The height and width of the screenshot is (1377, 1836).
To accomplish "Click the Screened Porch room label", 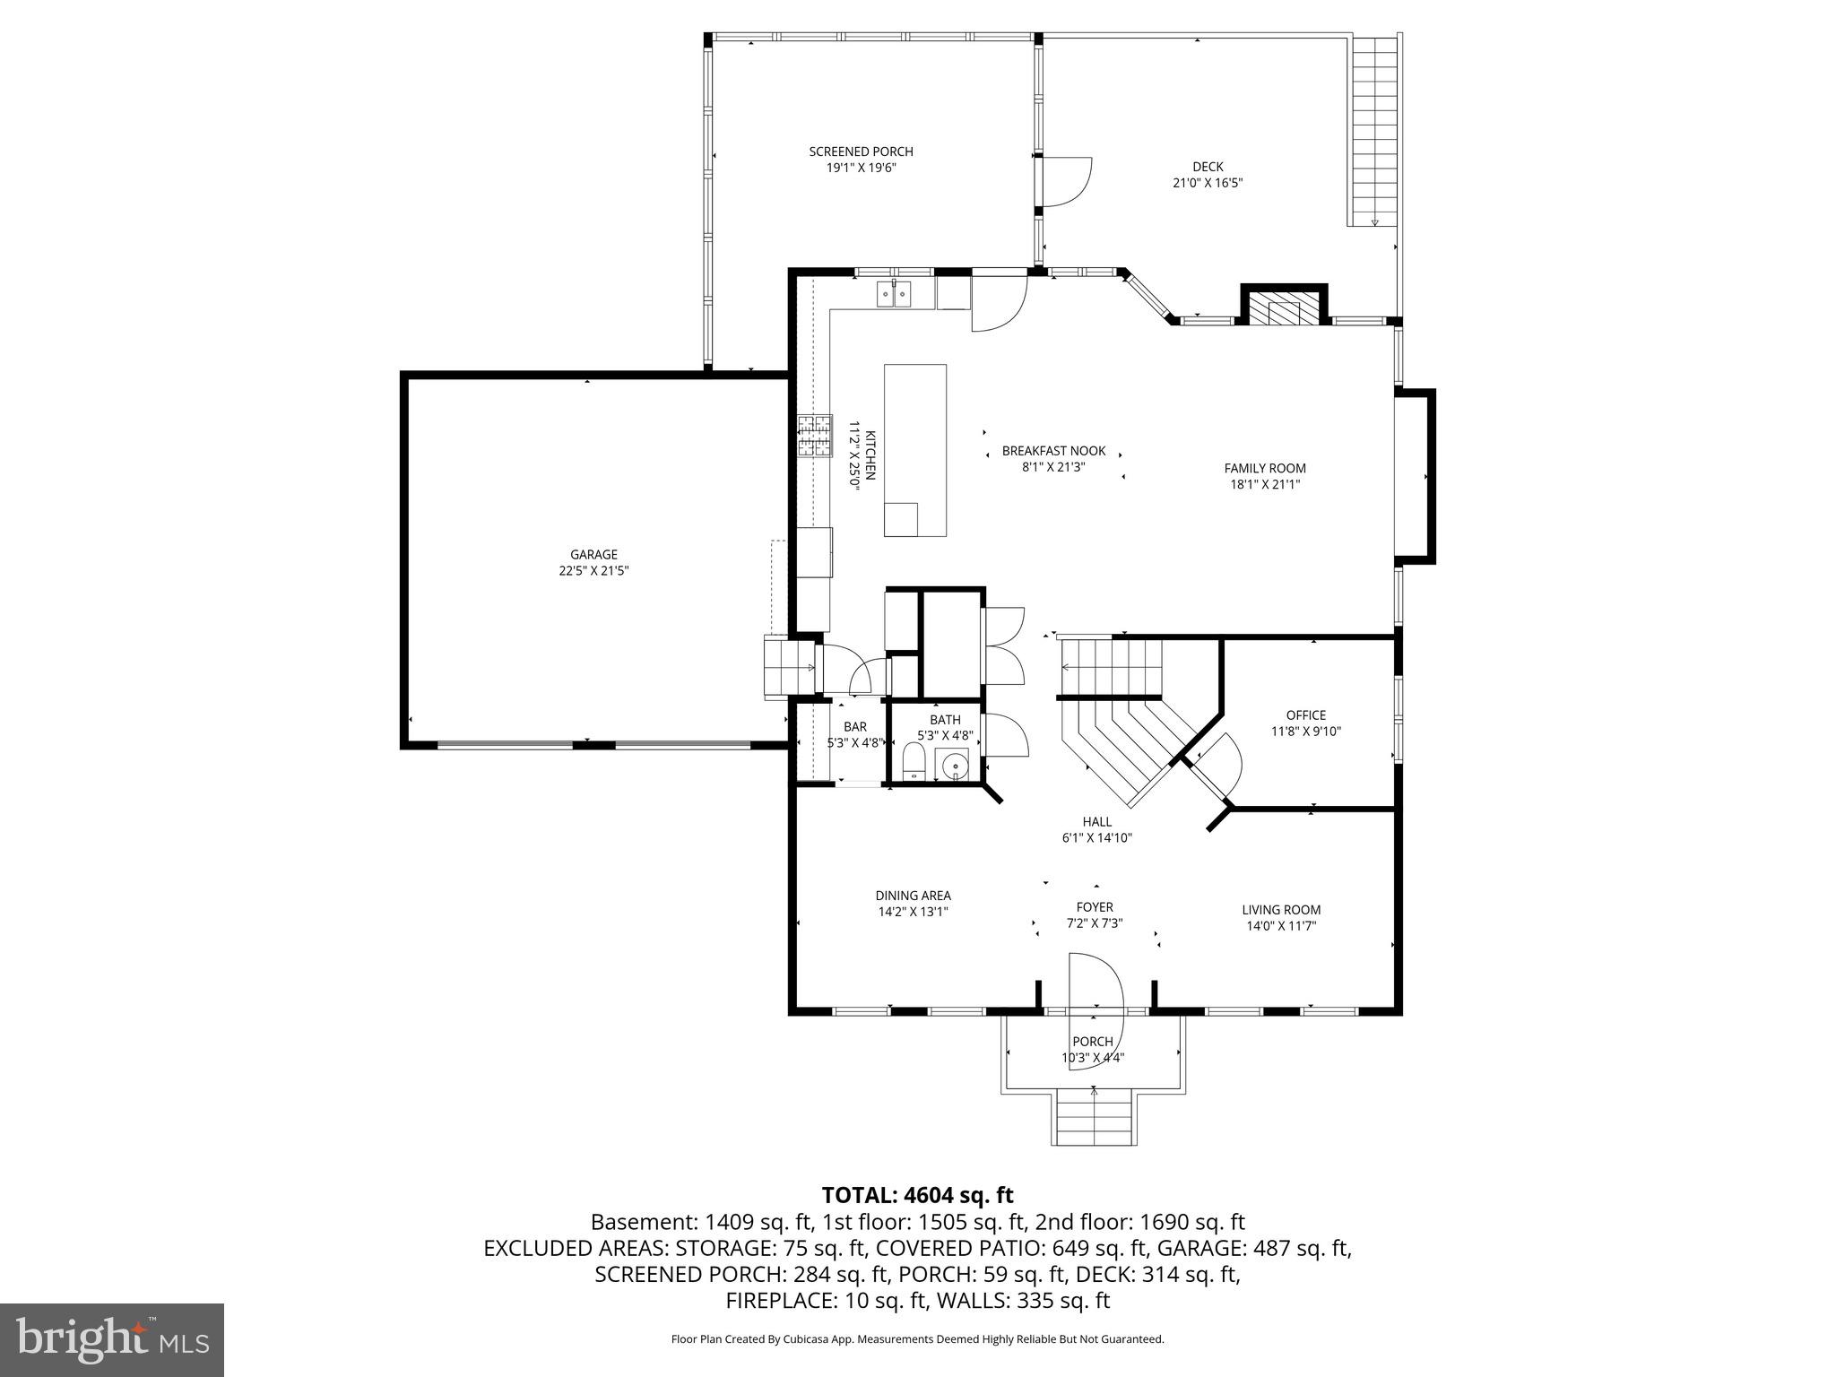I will coord(861,152).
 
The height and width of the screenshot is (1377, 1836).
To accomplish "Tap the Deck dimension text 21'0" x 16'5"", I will coord(1207,183).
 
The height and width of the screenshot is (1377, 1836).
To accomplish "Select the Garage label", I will coord(593,555).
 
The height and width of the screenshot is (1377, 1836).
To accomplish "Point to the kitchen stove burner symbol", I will coord(816,436).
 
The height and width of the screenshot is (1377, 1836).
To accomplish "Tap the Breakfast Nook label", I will coord(1053,451).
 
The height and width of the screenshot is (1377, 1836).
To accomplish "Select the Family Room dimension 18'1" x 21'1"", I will coord(1265,484).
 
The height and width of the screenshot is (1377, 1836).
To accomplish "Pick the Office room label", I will coord(1305,715).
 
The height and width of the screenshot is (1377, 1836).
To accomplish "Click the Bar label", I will coord(854,727).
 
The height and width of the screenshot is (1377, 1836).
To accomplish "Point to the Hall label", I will coord(1096,822).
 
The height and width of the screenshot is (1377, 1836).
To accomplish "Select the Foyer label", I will coord(1095,907).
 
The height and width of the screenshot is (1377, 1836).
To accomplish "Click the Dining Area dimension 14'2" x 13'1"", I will coord(913,912).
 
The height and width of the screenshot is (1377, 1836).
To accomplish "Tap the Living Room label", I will coord(1281,910).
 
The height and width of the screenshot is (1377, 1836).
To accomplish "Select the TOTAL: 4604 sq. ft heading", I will coord(917,1195).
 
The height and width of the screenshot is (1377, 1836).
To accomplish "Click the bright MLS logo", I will coord(112,1339).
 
